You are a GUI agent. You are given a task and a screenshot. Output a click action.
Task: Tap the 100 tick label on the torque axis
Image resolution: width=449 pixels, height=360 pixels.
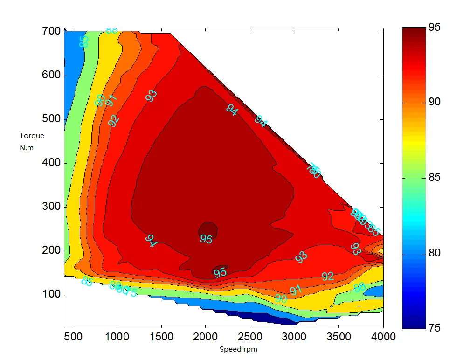pyautogui.click(x=52, y=295)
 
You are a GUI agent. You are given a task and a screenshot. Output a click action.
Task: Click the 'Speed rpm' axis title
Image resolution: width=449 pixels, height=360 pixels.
pyautogui.click(x=238, y=349)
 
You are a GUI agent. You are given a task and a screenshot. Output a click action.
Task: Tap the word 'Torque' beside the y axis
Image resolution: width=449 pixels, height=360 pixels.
pyautogui.click(x=32, y=136)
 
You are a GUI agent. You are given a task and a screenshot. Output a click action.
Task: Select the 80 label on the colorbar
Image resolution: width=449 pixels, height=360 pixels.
pyautogui.click(x=434, y=253)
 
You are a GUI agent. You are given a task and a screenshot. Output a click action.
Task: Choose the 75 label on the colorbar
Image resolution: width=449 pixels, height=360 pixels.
pyautogui.click(x=434, y=328)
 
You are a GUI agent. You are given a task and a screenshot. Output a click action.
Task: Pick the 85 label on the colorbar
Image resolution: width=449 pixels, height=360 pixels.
pyautogui.click(x=434, y=178)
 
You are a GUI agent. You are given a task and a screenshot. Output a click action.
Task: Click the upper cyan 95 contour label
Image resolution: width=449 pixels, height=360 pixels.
pyautogui.click(x=206, y=239)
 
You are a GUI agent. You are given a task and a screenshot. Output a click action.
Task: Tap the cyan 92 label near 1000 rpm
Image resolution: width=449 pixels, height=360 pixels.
pyautogui.click(x=113, y=120)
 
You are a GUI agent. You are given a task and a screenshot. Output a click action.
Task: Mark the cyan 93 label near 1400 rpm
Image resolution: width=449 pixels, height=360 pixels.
pyautogui.click(x=151, y=96)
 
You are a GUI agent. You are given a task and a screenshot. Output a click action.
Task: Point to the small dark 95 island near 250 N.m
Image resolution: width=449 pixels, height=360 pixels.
pyautogui.click(x=208, y=228)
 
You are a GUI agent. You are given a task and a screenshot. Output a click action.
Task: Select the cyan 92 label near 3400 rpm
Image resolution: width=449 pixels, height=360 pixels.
pyautogui.click(x=328, y=276)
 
